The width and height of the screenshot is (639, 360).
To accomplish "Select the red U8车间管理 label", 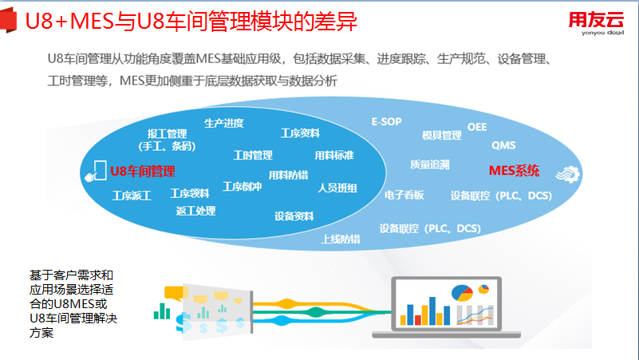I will coord(143,171).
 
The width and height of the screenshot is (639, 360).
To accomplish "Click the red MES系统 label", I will coord(514,170).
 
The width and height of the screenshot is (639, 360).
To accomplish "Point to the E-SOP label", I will coord(387,121).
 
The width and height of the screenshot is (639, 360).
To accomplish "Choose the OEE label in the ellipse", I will coord(476,127).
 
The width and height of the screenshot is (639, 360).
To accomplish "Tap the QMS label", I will coord(503,145).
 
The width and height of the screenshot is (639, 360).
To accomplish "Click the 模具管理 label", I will coord(442,135).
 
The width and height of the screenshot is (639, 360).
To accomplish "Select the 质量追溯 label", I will coord(430,164).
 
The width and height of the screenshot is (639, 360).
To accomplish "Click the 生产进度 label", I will coord(223,123).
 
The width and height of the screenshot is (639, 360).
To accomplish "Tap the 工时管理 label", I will coord(253,155).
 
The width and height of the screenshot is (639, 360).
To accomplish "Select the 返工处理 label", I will coord(195,211).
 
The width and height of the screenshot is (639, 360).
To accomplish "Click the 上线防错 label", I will coord(341,239).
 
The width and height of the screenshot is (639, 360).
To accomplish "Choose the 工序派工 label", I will coord(132,195).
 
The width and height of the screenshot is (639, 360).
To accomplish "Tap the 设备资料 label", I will coord(294,216).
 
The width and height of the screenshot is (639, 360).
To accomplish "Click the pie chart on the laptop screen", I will coord(462,292).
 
